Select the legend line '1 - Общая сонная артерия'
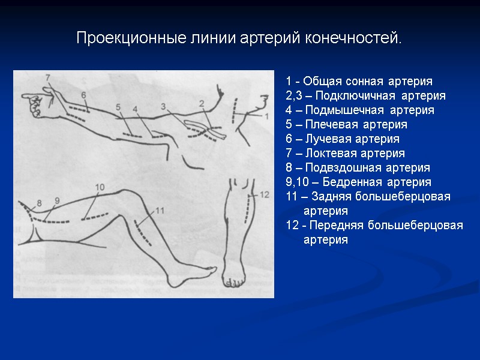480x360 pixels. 359,82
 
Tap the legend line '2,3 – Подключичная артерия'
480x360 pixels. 366,96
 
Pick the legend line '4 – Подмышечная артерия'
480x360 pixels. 360,110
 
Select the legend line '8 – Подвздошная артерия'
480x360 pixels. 358,168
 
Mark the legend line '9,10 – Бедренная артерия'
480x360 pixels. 359,182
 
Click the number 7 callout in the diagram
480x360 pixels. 47,77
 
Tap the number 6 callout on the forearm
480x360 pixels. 83,95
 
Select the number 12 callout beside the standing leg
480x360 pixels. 265,194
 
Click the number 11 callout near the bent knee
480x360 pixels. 160,209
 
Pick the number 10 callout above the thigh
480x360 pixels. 100,187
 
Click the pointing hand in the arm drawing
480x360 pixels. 33,103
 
